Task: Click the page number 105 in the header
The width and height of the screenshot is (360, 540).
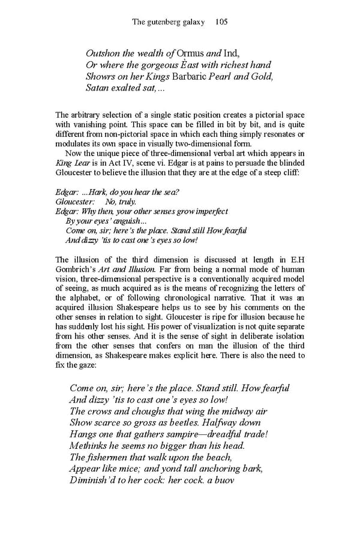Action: pos(220,22)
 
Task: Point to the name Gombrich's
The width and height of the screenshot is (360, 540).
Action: pos(77,269)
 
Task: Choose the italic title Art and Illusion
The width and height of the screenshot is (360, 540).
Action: pos(130,269)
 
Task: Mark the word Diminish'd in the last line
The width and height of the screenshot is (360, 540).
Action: pos(96,481)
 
